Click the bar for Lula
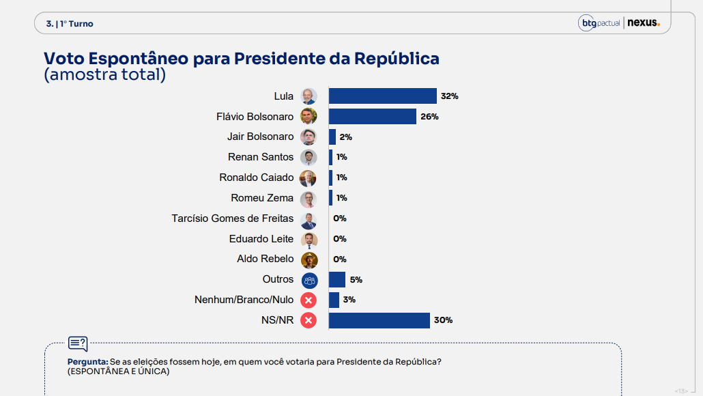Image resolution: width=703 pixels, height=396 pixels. click(x=382, y=96)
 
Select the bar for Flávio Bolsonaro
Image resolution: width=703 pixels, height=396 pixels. click(x=372, y=117)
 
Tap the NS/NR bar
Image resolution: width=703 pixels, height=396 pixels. click(x=379, y=320)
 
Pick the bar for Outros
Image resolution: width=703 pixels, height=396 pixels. click(x=336, y=279)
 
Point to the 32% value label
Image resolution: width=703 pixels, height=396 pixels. click(x=449, y=96)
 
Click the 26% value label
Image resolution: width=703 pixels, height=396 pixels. click(x=429, y=117)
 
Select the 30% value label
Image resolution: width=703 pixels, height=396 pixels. click(x=444, y=320)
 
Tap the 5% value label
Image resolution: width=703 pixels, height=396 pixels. click(x=356, y=279)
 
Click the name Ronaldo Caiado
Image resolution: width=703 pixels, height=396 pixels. click(x=257, y=178)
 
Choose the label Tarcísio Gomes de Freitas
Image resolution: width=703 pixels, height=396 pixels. click(x=233, y=218)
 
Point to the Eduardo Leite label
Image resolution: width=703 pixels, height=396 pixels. click(x=261, y=239)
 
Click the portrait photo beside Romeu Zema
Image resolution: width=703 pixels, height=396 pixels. click(x=309, y=199)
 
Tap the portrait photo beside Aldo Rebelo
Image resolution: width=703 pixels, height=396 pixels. click(x=309, y=259)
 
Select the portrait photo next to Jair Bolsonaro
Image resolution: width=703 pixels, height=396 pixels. click(x=309, y=137)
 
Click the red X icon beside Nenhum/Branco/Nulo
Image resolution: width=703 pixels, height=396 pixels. click(x=309, y=300)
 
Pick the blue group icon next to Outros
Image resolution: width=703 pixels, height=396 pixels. click(x=309, y=280)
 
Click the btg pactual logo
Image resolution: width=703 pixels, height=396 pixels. click(x=599, y=23)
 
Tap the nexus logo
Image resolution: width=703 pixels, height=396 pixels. click(x=644, y=23)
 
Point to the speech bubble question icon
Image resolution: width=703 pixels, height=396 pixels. click(x=78, y=343)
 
